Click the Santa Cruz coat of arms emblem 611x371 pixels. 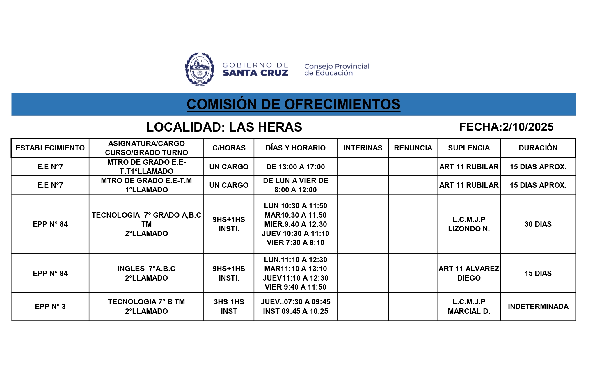[200, 69]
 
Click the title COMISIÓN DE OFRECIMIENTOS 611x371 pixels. [293, 104]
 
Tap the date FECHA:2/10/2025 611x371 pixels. [506, 127]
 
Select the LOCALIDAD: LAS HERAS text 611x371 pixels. [224, 127]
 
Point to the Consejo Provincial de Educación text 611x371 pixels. [337, 70]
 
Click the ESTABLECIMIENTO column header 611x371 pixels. [50, 148]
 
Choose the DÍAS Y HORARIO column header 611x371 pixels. [295, 148]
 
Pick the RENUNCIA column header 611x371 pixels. [413, 148]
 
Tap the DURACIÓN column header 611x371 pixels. [538, 148]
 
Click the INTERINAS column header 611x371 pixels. [363, 148]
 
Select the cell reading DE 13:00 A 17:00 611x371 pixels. [295, 167]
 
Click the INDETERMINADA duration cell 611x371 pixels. [538, 306]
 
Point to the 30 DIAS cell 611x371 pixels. [538, 224]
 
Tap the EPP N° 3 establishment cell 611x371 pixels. [50, 306]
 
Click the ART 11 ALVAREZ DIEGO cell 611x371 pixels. [469, 273]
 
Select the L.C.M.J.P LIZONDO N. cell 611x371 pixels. [469, 224]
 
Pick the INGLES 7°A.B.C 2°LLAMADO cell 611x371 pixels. [146, 273]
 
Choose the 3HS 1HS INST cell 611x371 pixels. [229, 306]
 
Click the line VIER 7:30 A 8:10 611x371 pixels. [295, 242]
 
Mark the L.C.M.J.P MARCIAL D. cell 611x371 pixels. [469, 306]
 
